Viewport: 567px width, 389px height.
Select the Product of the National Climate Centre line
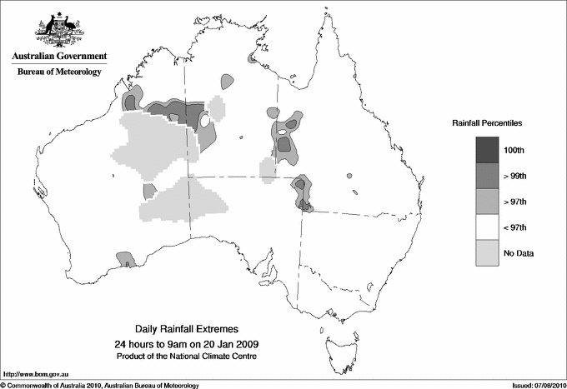click(x=187, y=357)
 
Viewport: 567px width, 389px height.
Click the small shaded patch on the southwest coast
click(x=124, y=259)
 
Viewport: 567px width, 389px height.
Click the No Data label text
click(x=519, y=253)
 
